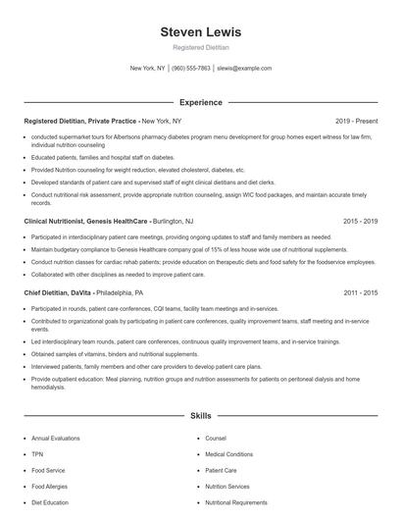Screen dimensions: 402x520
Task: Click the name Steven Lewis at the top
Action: pyautogui.click(x=200, y=32)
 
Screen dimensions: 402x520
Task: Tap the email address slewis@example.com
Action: pyautogui.click(x=244, y=69)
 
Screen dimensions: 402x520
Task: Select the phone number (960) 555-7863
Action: pyautogui.click(x=191, y=69)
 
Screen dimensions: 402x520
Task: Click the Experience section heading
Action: pyautogui.click(x=200, y=102)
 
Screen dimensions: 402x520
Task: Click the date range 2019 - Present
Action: pyautogui.click(x=355, y=120)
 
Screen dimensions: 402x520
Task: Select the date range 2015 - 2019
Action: pyautogui.click(x=359, y=223)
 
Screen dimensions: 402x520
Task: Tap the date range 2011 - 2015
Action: pyautogui.click(x=359, y=292)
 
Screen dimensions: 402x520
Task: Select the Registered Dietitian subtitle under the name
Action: pyautogui.click(x=200, y=47)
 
